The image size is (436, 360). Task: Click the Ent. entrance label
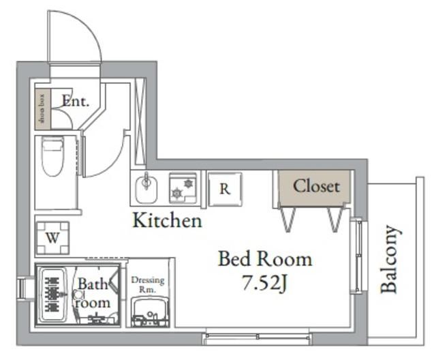tap(75, 102)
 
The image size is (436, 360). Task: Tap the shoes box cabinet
tap(42, 109)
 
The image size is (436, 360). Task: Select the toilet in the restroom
tap(52, 155)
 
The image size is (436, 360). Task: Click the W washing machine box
tap(52, 237)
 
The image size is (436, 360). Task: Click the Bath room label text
tap(92, 292)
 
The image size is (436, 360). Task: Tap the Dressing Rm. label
tap(148, 284)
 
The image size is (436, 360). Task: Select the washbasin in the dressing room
tap(149, 314)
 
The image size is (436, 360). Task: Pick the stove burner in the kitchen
tap(182, 187)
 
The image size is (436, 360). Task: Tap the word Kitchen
tap(167, 220)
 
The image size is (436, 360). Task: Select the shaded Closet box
tap(315, 186)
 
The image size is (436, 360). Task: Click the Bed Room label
tap(264, 259)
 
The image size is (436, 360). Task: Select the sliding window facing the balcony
tap(357, 255)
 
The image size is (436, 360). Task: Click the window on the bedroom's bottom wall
tap(258, 336)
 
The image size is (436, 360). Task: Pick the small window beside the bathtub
tap(22, 288)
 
